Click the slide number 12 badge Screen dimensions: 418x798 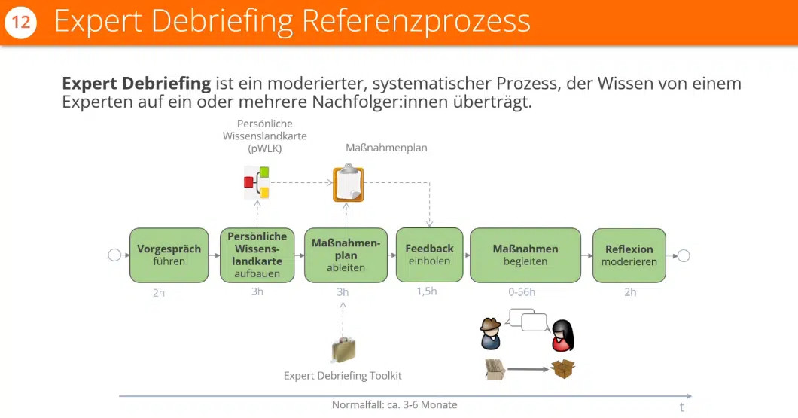20,23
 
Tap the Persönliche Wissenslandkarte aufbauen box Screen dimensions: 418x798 257,255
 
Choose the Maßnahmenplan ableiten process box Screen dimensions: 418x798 346,255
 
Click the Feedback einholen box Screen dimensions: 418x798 429,255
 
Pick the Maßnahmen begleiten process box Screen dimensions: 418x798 525,255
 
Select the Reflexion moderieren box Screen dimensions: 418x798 629,255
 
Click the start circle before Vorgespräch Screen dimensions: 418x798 114,255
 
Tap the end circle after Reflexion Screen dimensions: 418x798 683,255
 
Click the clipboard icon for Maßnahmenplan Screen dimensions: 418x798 348,183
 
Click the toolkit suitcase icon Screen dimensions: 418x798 343,349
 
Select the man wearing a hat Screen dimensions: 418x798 490,334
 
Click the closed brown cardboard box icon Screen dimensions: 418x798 562,369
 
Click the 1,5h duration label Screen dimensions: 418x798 426,291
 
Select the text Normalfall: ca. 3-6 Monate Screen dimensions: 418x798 394,405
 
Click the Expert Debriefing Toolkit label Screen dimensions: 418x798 343,375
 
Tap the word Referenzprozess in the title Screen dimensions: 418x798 416,22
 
